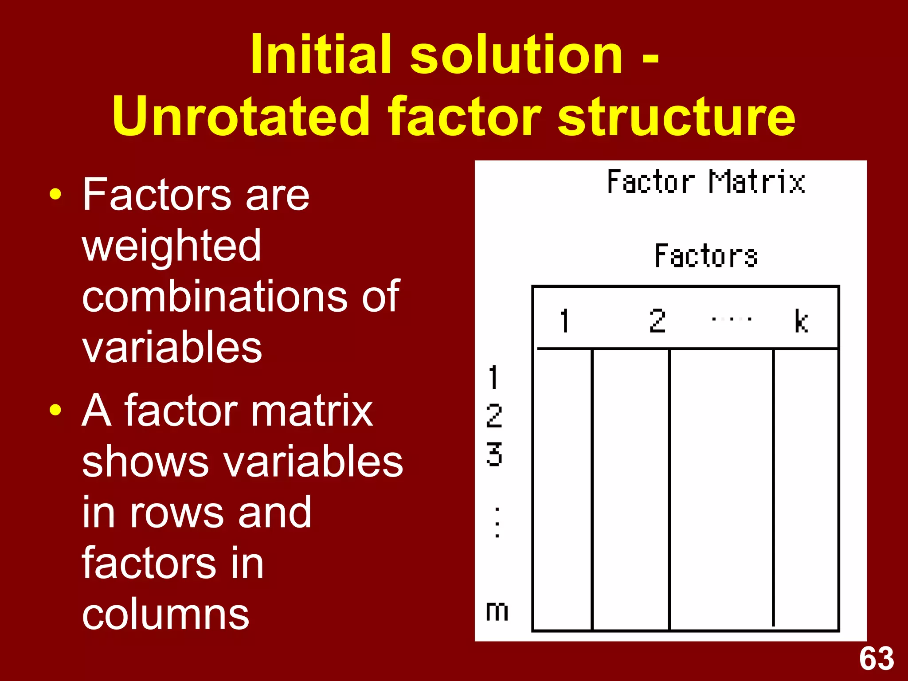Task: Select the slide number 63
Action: point(877,659)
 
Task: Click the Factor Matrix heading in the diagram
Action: point(706,182)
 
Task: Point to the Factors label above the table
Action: point(706,256)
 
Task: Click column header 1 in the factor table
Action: point(564,321)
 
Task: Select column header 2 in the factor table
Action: point(657,321)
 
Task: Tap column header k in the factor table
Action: point(801,321)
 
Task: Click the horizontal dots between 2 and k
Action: point(731,319)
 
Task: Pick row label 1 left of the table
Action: point(493,377)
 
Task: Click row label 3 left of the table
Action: point(494,454)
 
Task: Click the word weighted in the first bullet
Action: point(172,247)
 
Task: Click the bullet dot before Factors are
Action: point(55,195)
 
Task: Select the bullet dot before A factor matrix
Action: point(55,410)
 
